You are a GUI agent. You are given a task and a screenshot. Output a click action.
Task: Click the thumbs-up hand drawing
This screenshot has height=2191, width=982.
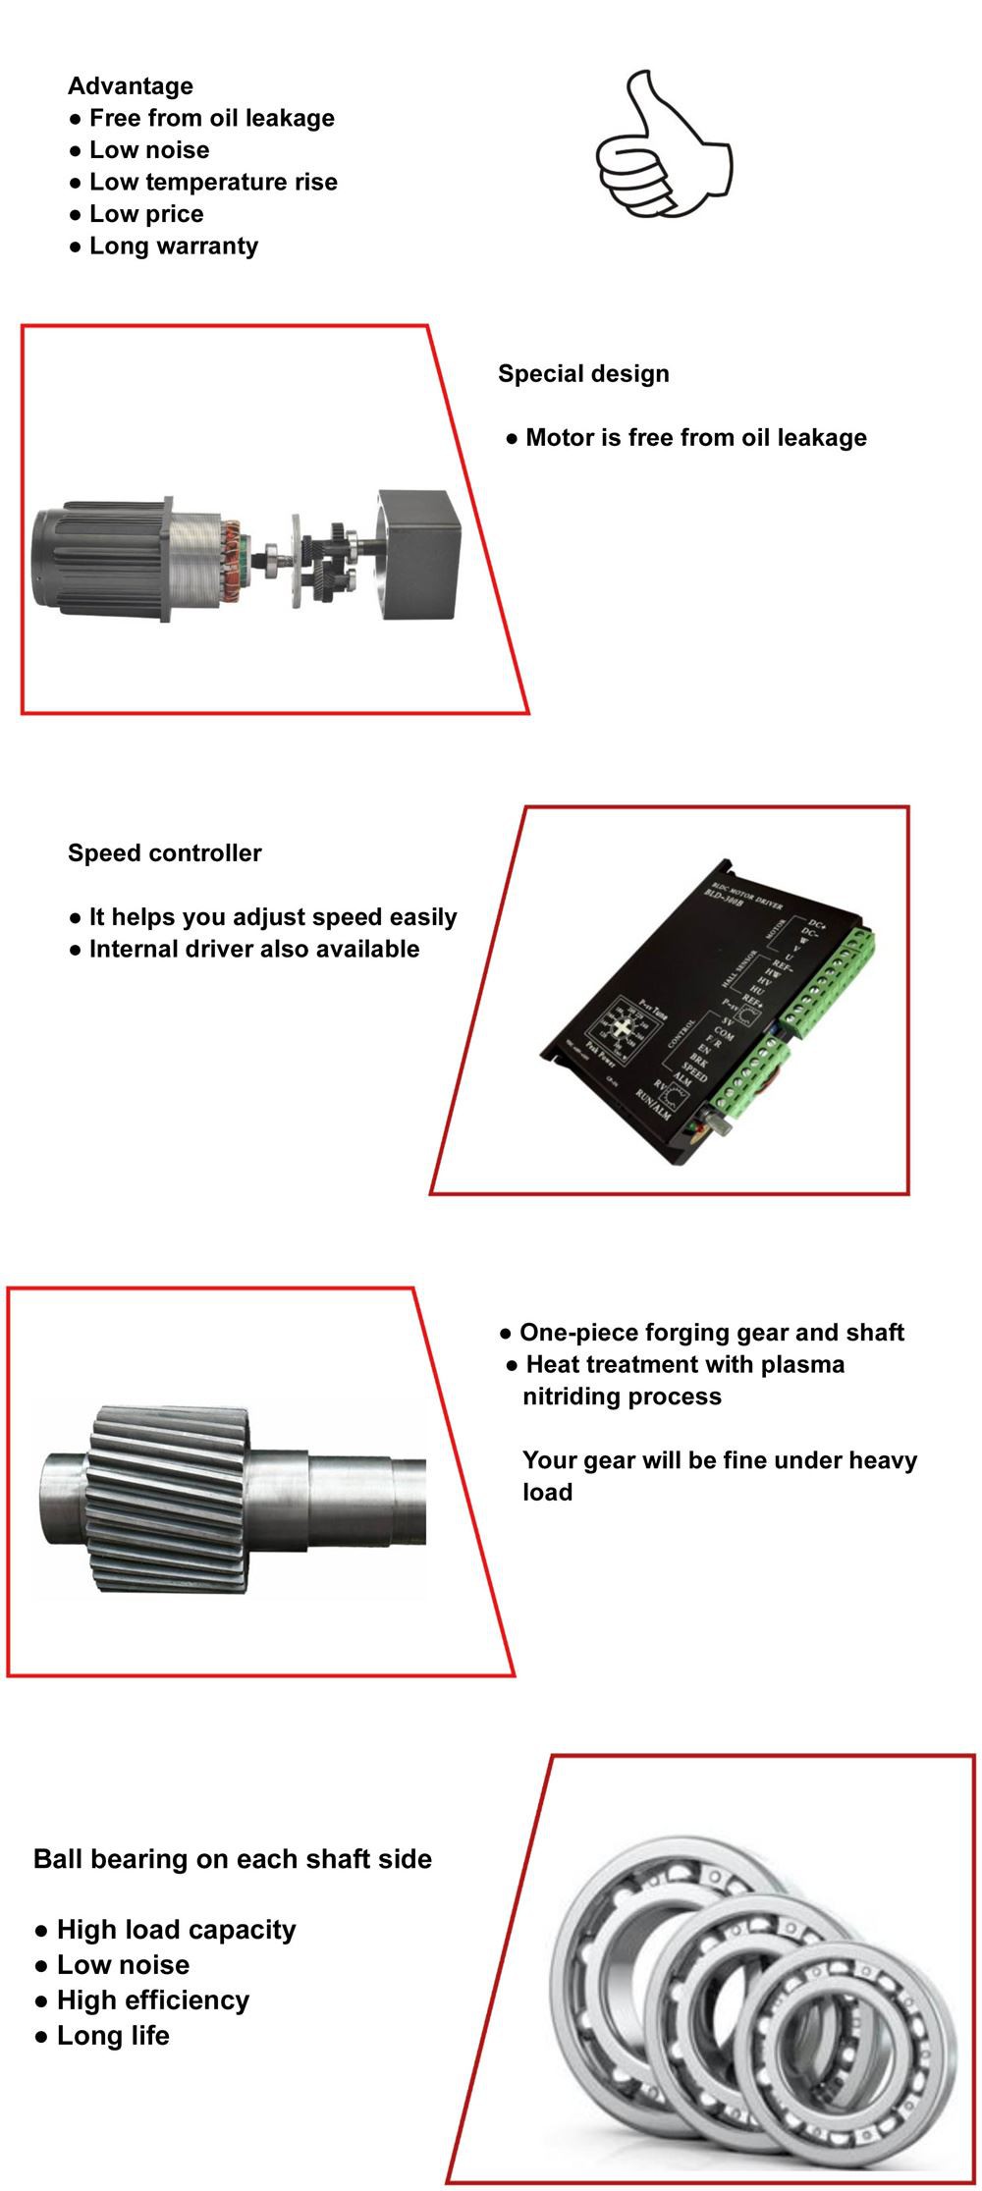click(663, 147)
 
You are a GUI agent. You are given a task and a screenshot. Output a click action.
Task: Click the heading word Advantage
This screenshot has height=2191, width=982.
click(131, 86)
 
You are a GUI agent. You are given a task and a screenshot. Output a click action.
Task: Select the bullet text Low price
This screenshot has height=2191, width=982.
click(146, 214)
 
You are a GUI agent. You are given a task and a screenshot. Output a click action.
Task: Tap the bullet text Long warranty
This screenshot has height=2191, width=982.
click(174, 246)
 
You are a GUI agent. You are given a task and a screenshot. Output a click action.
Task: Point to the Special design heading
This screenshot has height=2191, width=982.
click(583, 373)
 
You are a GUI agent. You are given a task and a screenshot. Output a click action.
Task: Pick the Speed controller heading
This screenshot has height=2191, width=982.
click(164, 852)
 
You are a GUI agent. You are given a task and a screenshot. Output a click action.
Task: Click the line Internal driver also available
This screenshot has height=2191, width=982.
click(254, 949)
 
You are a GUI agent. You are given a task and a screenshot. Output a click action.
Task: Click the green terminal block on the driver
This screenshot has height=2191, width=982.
click(830, 982)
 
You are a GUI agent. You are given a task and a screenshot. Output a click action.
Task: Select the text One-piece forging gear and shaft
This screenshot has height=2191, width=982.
click(711, 1332)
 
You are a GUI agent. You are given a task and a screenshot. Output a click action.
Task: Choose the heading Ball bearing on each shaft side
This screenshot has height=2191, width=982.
click(233, 1858)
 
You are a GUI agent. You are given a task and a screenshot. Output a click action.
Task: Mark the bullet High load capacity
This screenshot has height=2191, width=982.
click(176, 1929)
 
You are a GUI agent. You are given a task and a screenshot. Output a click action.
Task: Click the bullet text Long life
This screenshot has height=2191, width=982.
click(113, 2035)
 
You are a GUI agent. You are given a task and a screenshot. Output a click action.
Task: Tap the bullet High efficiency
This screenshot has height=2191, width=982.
click(152, 1999)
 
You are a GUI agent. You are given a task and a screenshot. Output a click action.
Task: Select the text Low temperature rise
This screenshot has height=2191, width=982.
click(213, 182)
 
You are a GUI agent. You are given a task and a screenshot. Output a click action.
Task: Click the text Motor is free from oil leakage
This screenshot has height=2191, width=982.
click(696, 437)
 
